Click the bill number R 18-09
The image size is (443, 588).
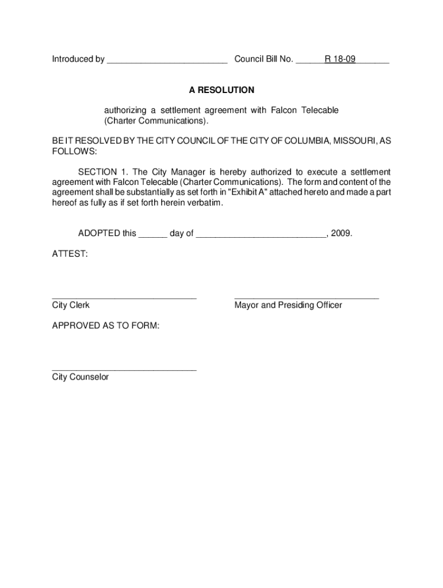(x=339, y=59)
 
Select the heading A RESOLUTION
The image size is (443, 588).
(x=221, y=90)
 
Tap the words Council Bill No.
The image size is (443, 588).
(x=263, y=59)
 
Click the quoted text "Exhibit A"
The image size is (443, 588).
(x=247, y=193)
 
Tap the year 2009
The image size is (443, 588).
(x=341, y=234)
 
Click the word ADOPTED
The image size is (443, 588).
(x=99, y=234)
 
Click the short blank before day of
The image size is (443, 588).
(x=152, y=236)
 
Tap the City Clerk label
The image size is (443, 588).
(x=71, y=305)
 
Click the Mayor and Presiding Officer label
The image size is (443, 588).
(x=288, y=305)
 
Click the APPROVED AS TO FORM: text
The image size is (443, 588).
(x=106, y=326)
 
